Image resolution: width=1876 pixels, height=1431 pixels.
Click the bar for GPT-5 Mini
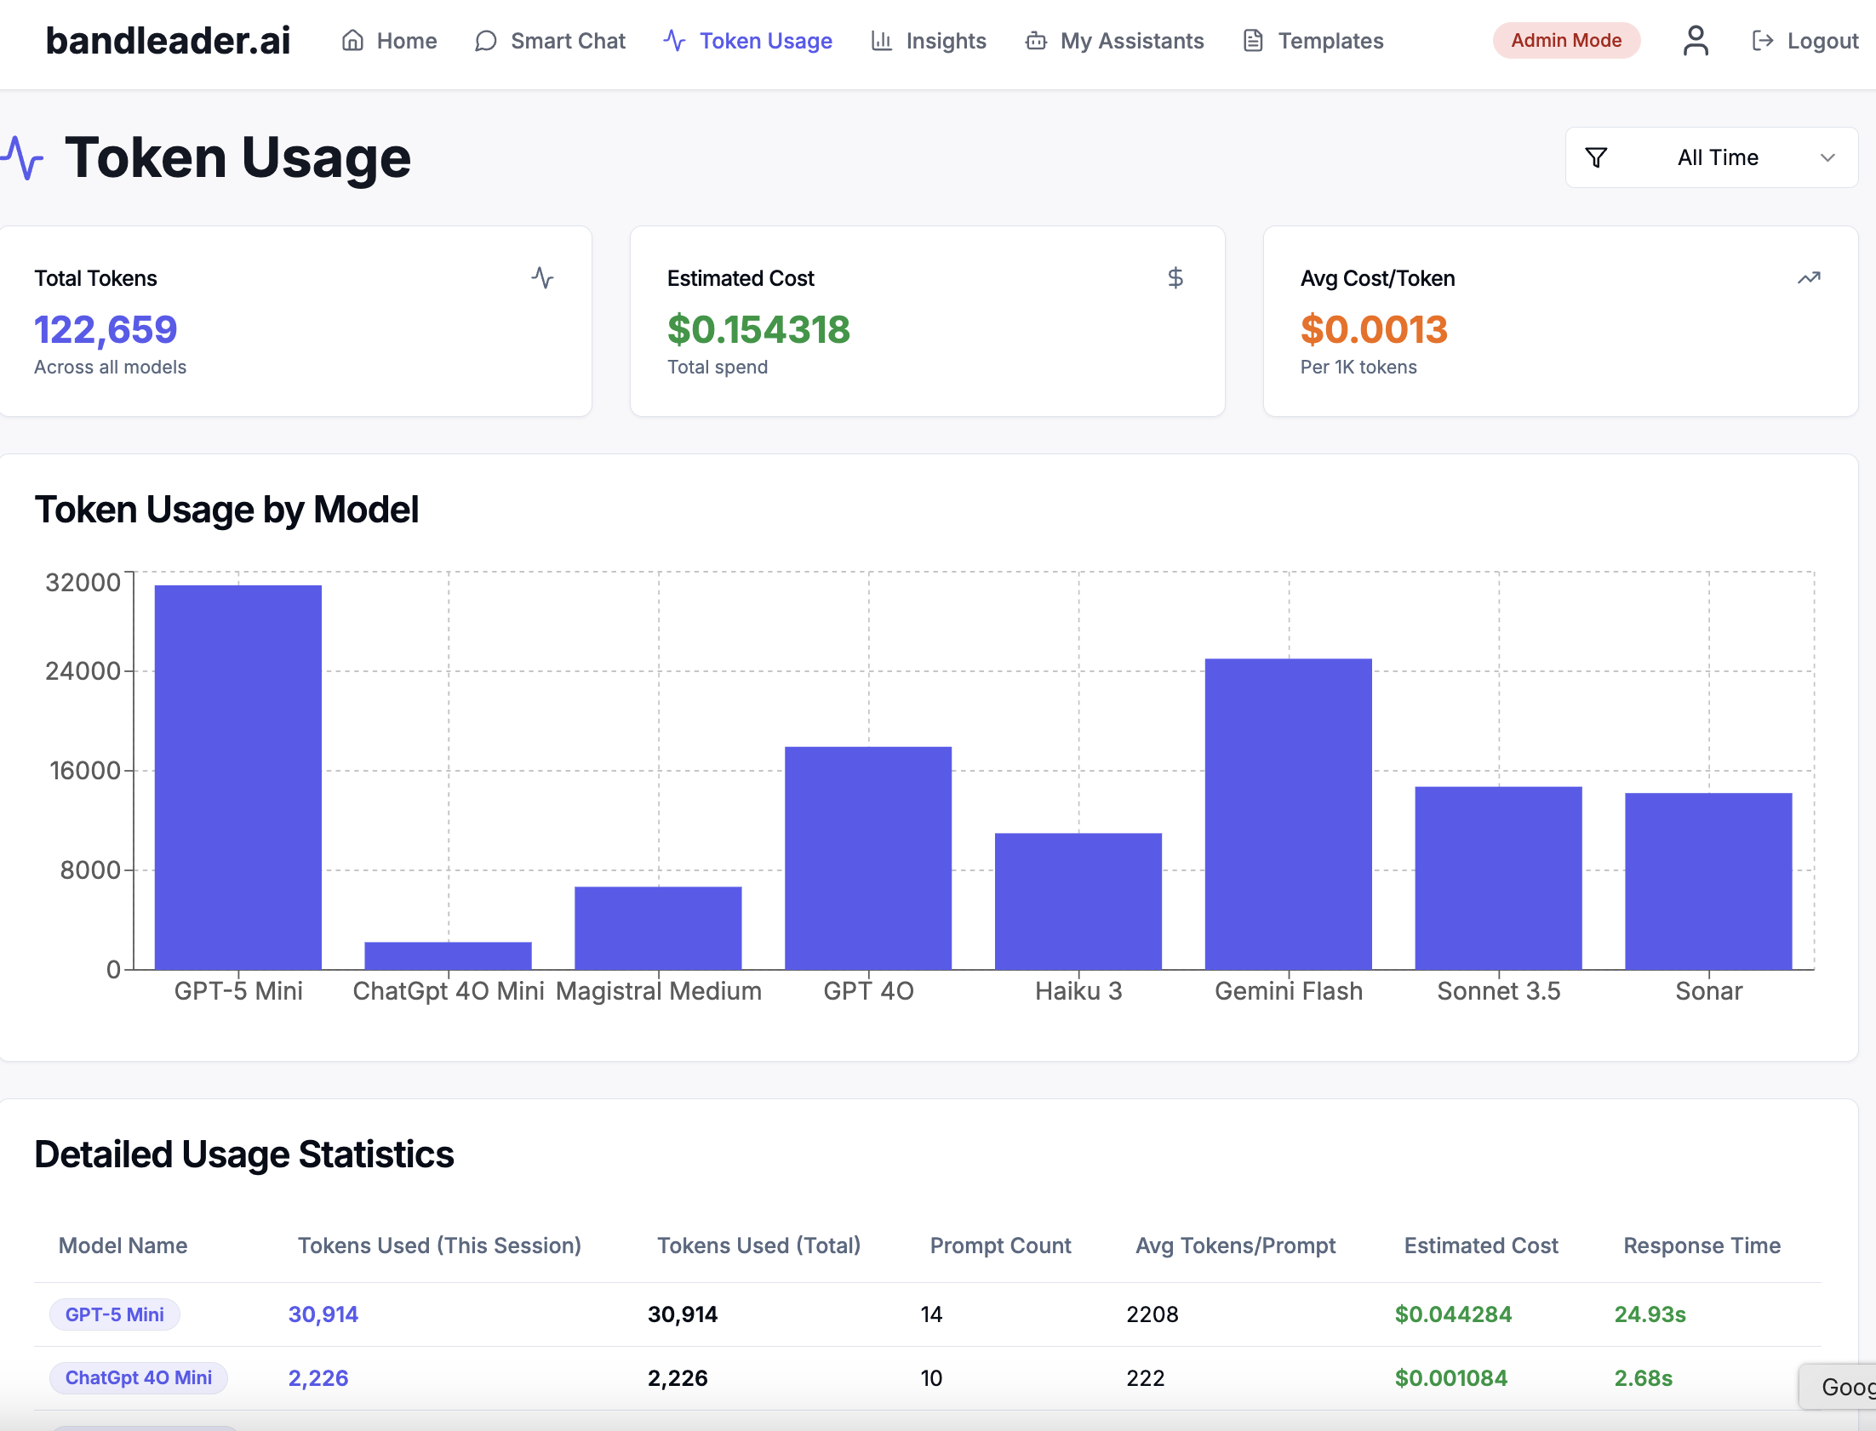click(x=237, y=776)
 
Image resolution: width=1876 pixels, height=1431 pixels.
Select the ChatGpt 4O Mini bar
click(x=447, y=955)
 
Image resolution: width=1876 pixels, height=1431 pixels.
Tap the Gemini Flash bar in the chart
click(x=1287, y=813)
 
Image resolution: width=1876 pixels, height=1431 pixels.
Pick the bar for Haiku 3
click(x=1078, y=900)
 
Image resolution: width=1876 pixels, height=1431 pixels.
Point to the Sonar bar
click(x=1707, y=881)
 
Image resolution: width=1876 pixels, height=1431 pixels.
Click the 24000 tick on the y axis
click(x=83, y=671)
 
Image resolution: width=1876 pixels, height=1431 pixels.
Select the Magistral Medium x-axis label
click(x=658, y=990)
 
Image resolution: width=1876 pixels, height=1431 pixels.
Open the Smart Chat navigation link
click(x=551, y=41)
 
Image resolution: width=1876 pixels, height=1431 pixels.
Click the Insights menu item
click(x=929, y=41)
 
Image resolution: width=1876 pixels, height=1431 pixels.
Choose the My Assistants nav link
click(x=1114, y=41)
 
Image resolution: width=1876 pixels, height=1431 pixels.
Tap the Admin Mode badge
click(x=1565, y=41)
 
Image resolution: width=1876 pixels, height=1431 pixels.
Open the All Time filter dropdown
click(x=1711, y=157)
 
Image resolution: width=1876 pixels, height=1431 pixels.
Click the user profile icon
click(x=1695, y=41)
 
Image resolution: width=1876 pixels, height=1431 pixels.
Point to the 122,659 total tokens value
click(x=106, y=329)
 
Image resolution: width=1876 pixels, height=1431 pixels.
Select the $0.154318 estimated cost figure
click(x=758, y=329)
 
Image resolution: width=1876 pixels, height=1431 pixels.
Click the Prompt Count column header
click(x=999, y=1246)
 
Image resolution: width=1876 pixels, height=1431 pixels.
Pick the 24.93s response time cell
click(x=1650, y=1314)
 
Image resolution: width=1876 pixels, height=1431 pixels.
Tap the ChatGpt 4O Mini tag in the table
click(x=138, y=1377)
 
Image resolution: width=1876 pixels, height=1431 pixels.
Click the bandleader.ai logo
click(x=168, y=41)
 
